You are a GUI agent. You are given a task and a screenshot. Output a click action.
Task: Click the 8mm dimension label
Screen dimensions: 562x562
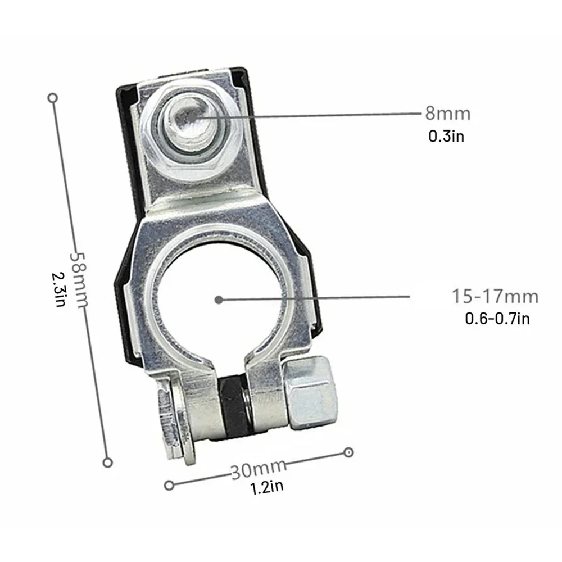pyautogui.click(x=447, y=114)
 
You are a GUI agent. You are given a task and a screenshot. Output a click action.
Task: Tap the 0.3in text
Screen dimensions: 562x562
pyautogui.click(x=446, y=136)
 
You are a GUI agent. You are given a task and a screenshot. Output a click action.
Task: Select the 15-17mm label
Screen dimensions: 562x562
pyautogui.click(x=495, y=296)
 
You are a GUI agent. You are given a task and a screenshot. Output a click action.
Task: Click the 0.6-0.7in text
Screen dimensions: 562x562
pyautogui.click(x=497, y=319)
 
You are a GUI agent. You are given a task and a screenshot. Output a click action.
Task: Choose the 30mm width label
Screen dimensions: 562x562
pyautogui.click(x=259, y=468)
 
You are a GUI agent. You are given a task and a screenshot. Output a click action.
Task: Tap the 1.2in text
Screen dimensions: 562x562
pyautogui.click(x=267, y=486)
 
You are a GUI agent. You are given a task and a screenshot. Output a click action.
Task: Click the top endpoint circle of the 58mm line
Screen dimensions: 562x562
pyautogui.click(x=53, y=98)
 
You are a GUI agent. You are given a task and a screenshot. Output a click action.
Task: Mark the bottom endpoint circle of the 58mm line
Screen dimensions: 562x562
pyautogui.click(x=108, y=462)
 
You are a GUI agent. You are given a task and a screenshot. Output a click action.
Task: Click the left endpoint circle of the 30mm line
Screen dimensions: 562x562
pyautogui.click(x=168, y=484)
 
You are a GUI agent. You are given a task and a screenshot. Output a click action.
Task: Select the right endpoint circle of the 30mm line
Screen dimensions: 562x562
pyautogui.click(x=348, y=452)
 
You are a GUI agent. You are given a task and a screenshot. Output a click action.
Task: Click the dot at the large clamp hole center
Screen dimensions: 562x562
pyautogui.click(x=219, y=300)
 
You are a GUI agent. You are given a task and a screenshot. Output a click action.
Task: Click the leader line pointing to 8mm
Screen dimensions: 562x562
pyautogui.click(x=315, y=116)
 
